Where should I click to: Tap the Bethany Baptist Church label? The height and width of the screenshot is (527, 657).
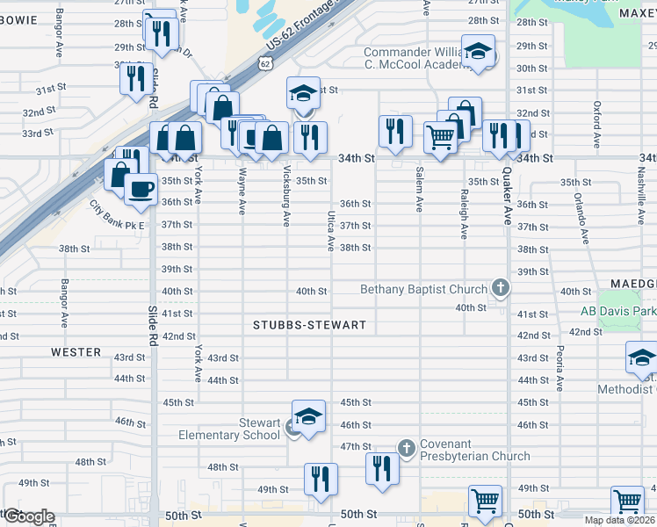(x=423, y=290)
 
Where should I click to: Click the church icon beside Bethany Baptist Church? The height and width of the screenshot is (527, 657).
(x=500, y=287)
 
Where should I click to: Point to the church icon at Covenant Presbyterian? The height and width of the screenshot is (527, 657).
(x=406, y=448)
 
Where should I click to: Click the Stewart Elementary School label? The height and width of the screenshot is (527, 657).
(x=229, y=429)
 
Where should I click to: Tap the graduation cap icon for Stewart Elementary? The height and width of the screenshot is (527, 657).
(x=308, y=417)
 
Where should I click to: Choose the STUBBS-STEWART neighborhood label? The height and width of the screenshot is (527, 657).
(x=309, y=325)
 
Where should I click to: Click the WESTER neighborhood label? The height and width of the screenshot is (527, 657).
(x=76, y=352)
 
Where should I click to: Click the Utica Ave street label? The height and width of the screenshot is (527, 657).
(x=332, y=231)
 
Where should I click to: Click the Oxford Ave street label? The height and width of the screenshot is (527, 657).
(x=596, y=123)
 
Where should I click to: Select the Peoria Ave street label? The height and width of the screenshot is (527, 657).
(x=559, y=368)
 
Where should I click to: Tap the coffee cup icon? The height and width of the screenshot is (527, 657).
(x=140, y=189)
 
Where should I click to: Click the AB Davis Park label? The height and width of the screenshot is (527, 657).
(x=618, y=311)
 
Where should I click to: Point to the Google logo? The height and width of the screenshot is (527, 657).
(x=28, y=516)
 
